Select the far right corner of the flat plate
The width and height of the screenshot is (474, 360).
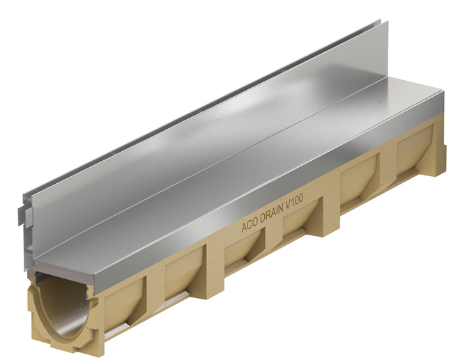(443, 91)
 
